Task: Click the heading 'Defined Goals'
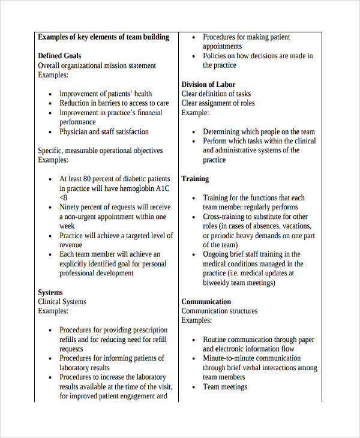point(59,56)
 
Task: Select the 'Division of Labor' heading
point(208,85)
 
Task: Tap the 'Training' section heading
point(195,179)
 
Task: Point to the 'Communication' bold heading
point(206,302)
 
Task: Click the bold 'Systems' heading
point(50,293)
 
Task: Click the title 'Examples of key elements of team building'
point(103,37)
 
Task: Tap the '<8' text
point(64,198)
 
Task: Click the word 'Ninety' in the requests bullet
point(70,208)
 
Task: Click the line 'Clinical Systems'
point(62,302)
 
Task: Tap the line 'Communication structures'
point(219,311)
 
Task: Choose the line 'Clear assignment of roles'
point(218,103)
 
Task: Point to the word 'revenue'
point(71,245)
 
